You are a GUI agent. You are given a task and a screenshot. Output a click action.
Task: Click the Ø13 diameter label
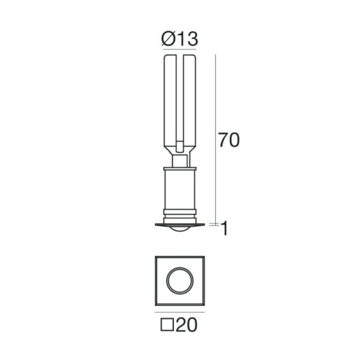coord(180,39)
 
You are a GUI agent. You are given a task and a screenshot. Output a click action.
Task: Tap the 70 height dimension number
coord(229,140)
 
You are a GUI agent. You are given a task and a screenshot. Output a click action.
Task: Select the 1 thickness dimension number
coord(224,228)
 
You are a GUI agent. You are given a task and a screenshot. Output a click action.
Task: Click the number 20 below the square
coord(186,324)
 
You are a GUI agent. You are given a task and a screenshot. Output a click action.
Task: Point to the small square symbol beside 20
coord(167,324)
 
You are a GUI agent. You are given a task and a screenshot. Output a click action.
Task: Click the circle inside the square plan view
coord(180,281)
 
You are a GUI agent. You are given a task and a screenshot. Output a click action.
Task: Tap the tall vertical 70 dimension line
coord(215,139)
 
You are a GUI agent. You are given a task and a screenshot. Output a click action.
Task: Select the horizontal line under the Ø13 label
coord(180,49)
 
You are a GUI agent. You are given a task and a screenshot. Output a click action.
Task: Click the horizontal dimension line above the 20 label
coord(180,312)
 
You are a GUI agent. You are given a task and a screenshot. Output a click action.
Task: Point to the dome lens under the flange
coord(180,228)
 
